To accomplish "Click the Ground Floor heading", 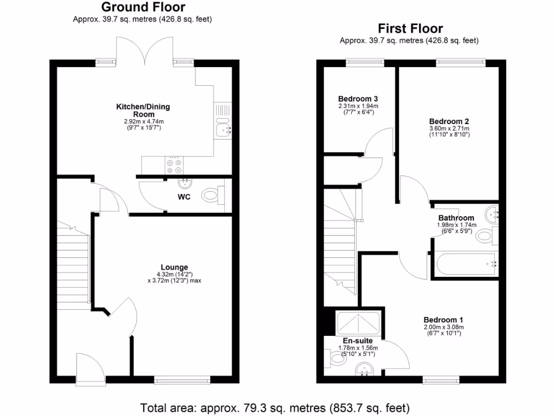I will coord(143,8).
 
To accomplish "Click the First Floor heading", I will coord(410,29).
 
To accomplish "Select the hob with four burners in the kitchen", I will coord(174,164).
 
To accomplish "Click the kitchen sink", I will coord(223,129).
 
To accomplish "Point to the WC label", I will coord(184,197).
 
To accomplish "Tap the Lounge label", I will coord(174,267).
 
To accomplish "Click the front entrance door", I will coord(90,374).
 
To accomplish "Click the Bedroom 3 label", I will coord(358,99).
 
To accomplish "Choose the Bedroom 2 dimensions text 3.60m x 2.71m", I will coord(449,128).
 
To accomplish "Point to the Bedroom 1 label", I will coord(443,320).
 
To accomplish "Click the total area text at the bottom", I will coord(275,407).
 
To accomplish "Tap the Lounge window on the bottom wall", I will coord(180,381).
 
